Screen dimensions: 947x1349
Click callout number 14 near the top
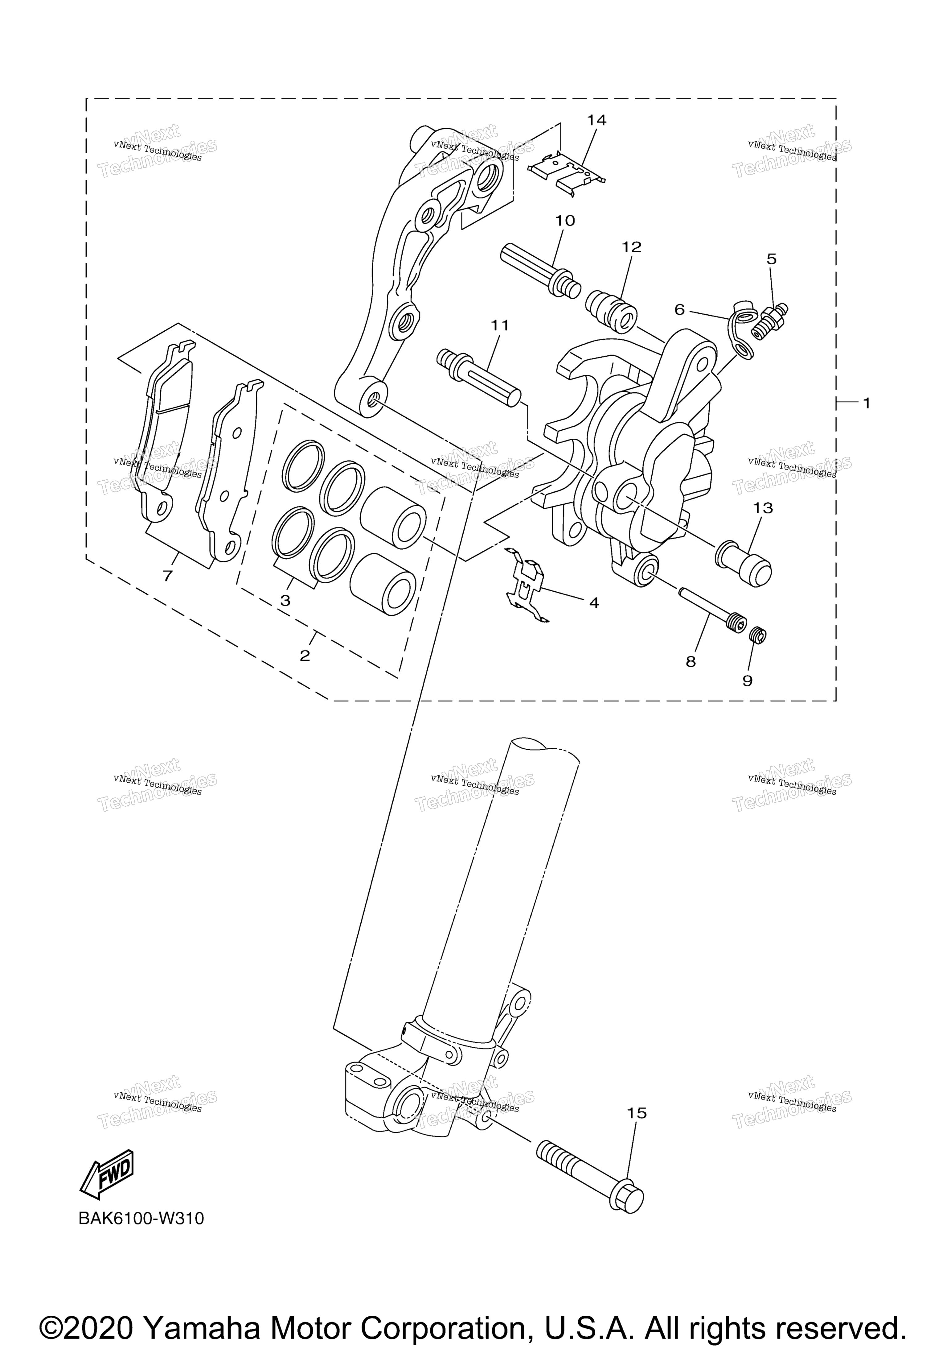point(596,120)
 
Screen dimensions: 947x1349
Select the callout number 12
point(632,247)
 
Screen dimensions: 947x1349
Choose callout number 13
point(763,508)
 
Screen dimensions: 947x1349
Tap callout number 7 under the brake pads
point(168,576)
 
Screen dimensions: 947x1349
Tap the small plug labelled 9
point(759,635)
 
